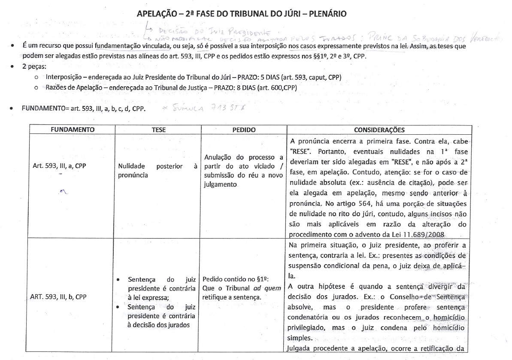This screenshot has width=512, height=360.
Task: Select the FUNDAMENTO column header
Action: [64, 129]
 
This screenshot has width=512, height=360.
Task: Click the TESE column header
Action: [158, 129]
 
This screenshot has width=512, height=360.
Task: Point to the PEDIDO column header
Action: [242, 129]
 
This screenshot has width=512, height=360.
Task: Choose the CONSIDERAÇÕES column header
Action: [380, 130]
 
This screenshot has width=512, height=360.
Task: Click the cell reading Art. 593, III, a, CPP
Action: [55, 165]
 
